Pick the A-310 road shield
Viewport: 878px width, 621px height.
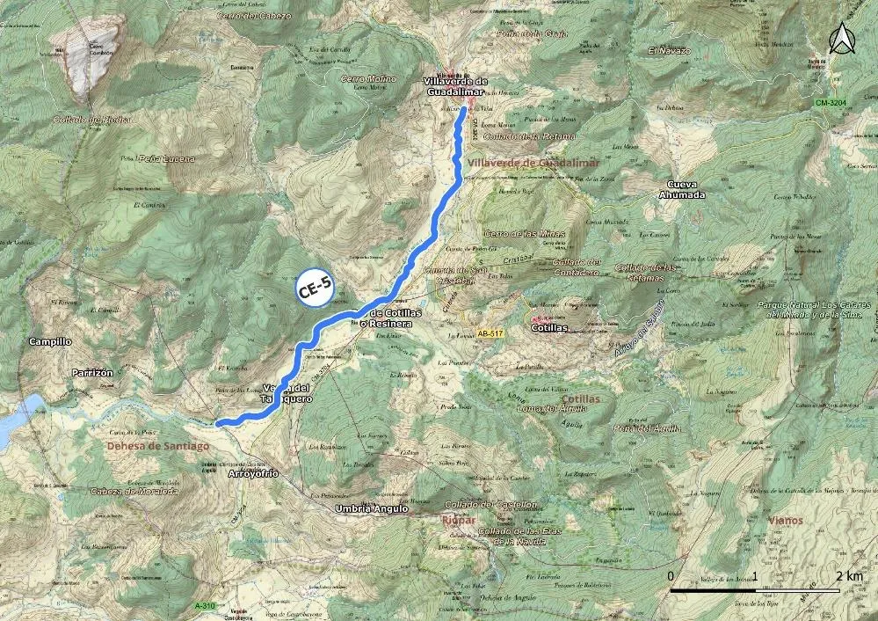click(204, 606)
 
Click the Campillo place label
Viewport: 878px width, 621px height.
click(51, 341)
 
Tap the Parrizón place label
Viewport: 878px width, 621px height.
click(92, 373)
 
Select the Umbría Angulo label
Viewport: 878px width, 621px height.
click(373, 508)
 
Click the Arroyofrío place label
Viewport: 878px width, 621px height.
click(253, 473)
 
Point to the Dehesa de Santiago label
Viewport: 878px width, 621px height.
click(158, 446)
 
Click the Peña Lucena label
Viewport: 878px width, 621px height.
click(167, 158)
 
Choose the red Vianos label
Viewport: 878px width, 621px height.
click(785, 520)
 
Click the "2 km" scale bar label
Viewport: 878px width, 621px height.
click(850, 576)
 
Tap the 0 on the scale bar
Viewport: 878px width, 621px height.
click(671, 576)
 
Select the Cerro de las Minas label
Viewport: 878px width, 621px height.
click(525, 233)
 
